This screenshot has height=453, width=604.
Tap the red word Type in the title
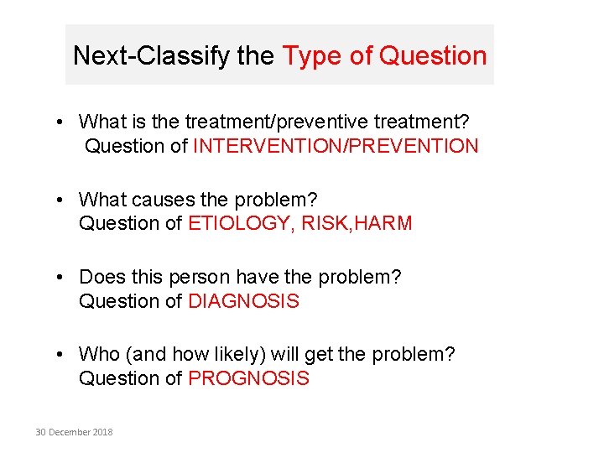[311, 56]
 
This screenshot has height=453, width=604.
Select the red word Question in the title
[433, 56]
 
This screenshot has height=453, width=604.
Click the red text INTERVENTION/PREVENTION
[336, 146]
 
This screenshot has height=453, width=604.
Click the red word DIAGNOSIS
[243, 301]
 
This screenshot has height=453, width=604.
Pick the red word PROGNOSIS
[248, 378]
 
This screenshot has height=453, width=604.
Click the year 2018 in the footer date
[102, 432]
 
